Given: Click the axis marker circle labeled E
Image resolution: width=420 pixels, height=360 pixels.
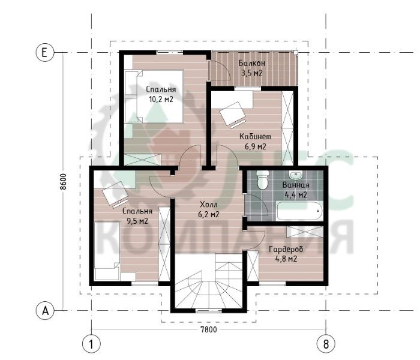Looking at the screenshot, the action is [45, 52].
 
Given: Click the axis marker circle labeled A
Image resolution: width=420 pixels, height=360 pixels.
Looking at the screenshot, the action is [45, 311].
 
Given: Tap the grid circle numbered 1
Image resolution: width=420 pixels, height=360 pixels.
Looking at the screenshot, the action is [91, 343].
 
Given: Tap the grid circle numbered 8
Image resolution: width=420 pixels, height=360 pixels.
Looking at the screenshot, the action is [326, 343].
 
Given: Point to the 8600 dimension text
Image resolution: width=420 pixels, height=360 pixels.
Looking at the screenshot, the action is [63, 182].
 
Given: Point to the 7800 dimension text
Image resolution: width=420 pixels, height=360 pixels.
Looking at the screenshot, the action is [209, 329].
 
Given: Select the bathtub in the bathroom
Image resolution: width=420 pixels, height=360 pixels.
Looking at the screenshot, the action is [299, 211].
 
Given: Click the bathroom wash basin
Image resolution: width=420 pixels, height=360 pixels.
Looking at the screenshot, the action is [296, 175].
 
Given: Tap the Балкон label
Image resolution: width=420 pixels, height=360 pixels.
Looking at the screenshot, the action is [252, 63].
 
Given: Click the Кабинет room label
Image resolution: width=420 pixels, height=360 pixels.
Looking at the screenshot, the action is [255, 136].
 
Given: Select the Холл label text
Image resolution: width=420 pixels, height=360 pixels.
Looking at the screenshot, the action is [209, 205].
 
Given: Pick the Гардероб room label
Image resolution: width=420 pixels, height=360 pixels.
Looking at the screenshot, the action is [286, 250].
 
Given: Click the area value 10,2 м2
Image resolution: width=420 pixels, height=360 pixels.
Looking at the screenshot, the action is [161, 100].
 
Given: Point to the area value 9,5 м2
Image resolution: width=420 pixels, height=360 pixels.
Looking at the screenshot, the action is [137, 221].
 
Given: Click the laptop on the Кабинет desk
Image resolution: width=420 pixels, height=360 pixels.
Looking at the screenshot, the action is [233, 114].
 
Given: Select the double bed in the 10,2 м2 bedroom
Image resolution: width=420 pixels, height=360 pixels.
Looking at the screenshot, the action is [154, 97].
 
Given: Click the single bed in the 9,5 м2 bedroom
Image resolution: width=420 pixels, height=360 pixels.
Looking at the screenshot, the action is [107, 251].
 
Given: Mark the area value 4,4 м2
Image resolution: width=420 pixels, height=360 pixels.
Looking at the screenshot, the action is [296, 195].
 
